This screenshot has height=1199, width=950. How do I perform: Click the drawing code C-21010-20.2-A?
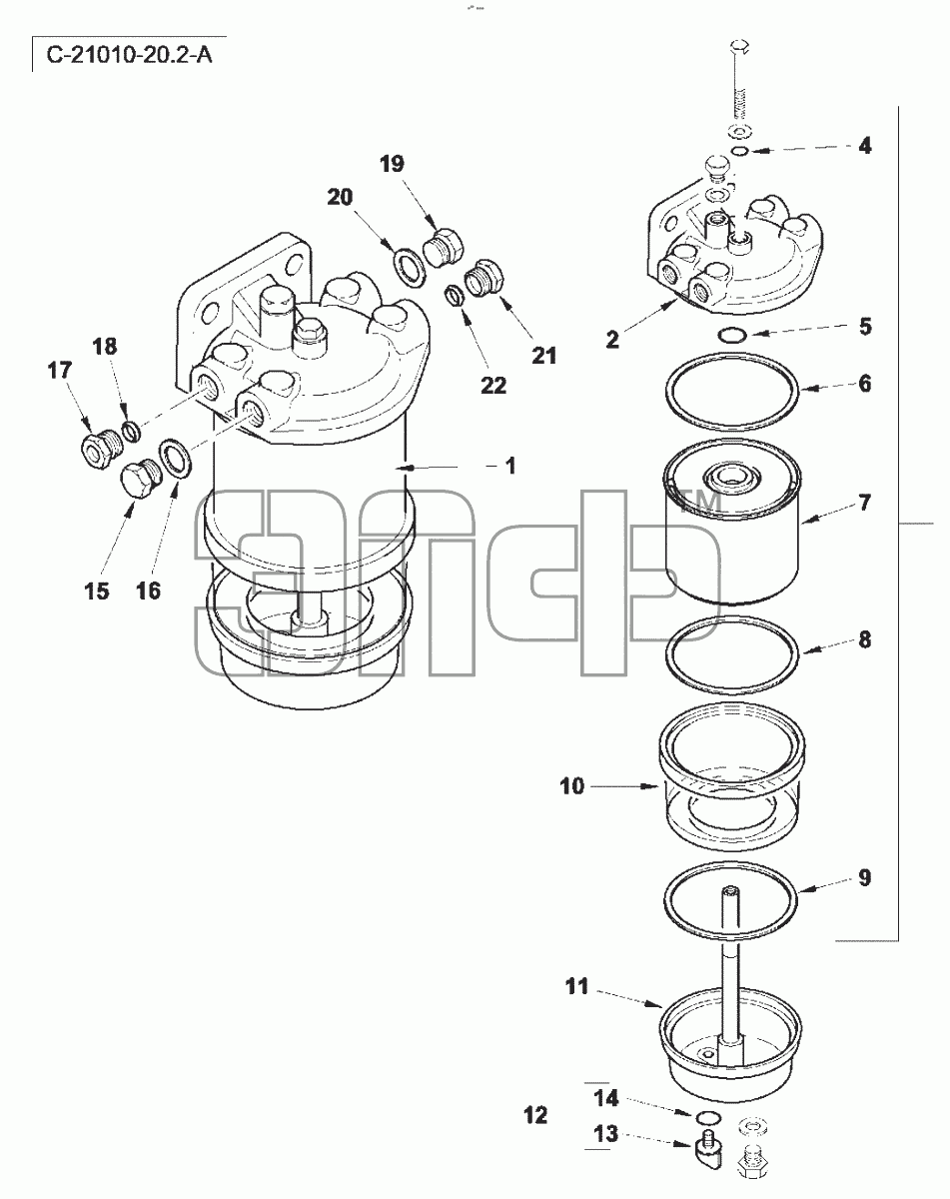tap(129, 55)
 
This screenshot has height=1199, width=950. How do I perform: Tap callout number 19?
tap(392, 164)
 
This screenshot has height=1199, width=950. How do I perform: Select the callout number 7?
tap(864, 503)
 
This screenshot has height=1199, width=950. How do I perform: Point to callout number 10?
tap(571, 786)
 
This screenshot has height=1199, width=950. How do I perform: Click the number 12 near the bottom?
tap(536, 1115)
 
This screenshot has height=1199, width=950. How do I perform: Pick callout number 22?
tap(493, 385)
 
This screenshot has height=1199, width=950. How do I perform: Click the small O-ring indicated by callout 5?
tap(732, 335)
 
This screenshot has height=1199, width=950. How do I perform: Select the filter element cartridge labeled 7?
tap(732, 523)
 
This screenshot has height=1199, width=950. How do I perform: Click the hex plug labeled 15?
tap(139, 480)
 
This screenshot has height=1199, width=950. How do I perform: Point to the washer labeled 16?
tap(176, 458)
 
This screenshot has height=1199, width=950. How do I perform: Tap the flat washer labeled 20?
tap(410, 269)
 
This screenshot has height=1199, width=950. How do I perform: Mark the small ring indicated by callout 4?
tap(740, 151)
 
